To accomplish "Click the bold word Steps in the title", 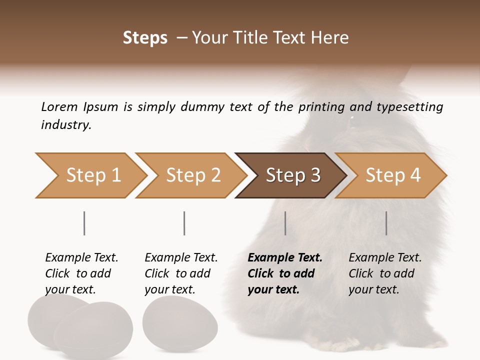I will pos(145,38).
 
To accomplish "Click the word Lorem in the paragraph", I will pos(59,106).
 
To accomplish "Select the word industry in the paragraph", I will pos(66,125).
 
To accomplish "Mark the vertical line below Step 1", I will pos(84,223).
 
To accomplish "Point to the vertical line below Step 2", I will pos(184,223).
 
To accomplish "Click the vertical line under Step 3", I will pos(285,223).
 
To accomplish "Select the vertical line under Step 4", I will pos(386,223).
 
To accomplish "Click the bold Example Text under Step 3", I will pos(285,258).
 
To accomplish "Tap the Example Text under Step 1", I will pos(81,258).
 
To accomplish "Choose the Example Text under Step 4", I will pos(385,258).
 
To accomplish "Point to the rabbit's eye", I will pos(352,119).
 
